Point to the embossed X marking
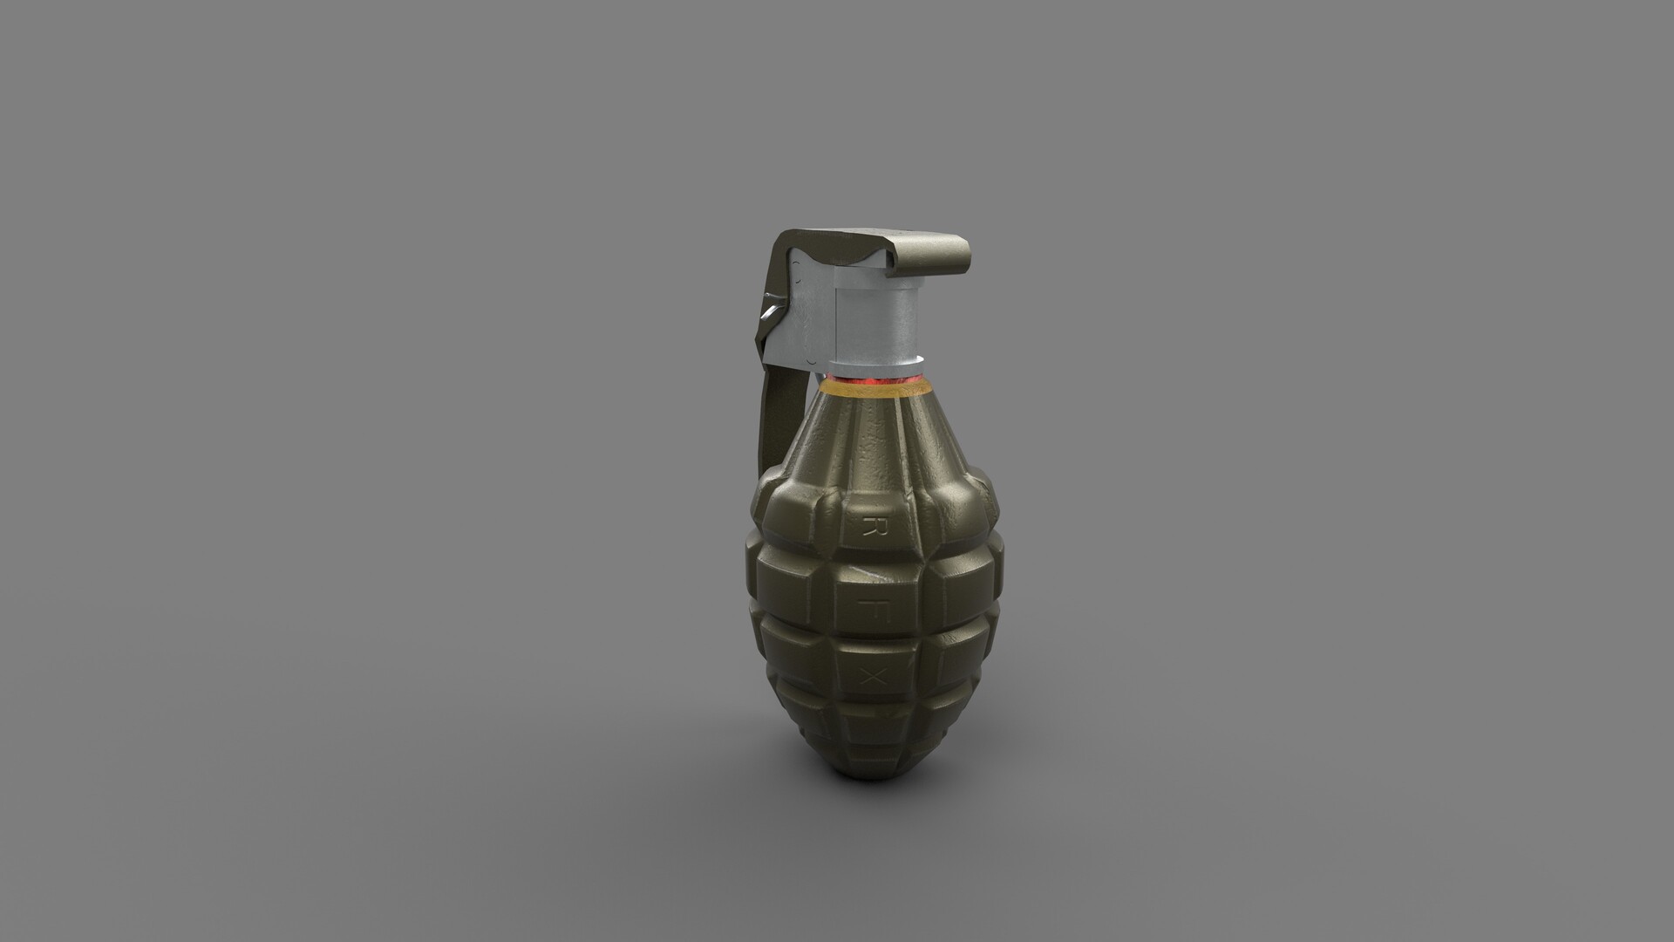coord(868,674)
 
